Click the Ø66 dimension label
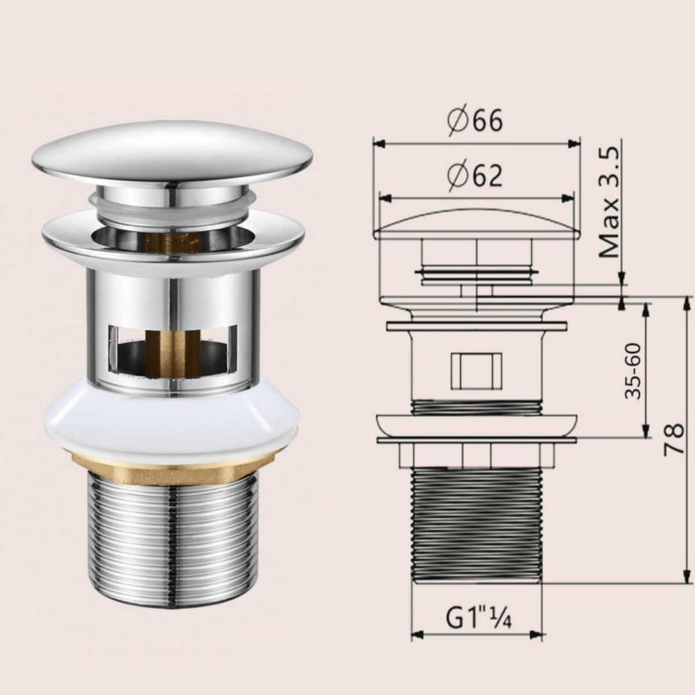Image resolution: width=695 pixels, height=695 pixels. tap(475, 121)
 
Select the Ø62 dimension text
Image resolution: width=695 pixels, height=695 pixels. tap(475, 175)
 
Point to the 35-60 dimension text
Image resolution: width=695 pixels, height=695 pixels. tap(633, 371)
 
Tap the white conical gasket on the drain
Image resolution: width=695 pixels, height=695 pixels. tap(172, 420)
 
